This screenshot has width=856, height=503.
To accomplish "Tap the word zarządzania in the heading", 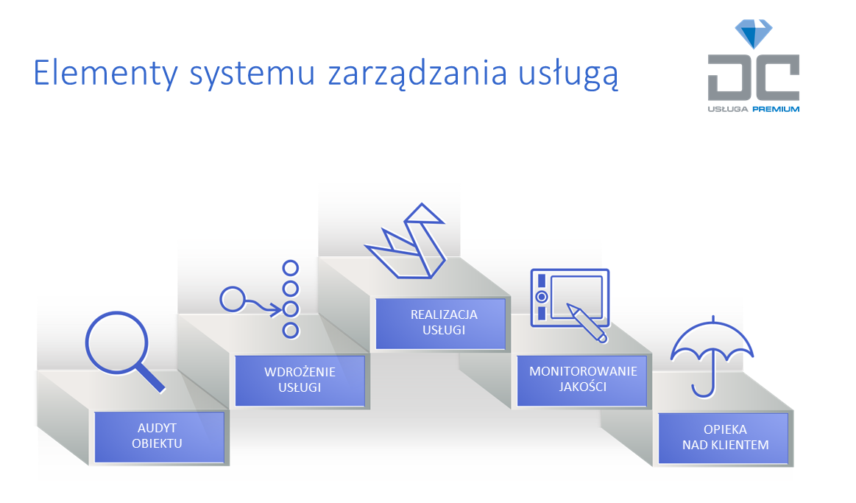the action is coord(417,74).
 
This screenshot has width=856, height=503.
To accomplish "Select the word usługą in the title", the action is coord(568,74).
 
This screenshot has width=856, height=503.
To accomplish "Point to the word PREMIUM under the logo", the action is coord(776,109).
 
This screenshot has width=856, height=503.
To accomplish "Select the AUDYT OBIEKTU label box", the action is coord(160,437).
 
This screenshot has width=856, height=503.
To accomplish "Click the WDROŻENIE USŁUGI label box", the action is coord(300,381).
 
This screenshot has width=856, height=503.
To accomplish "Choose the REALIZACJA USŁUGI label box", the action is coord(441,323).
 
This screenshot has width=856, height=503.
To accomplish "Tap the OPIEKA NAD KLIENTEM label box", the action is coord(724,438).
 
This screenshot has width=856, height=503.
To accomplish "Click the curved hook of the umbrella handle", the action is coord(704,391).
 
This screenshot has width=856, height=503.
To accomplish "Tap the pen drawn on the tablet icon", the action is coord(587,323).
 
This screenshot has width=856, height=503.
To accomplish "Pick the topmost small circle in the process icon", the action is coord(291,268).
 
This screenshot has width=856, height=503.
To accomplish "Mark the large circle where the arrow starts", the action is coord(233,299).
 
